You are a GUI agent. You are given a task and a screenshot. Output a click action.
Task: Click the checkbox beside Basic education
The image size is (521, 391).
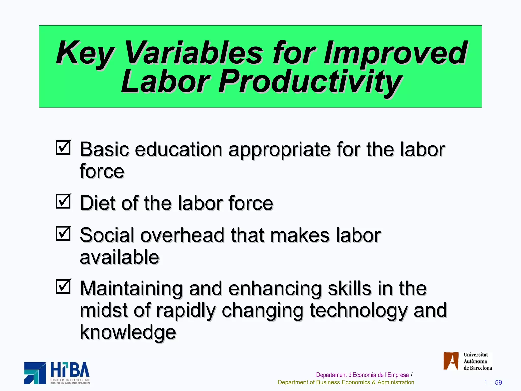(x=63, y=148)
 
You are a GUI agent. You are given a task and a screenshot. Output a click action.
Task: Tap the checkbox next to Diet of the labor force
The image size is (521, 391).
(x=63, y=202)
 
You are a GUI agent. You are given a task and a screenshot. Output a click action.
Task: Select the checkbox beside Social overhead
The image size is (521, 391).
(x=63, y=234)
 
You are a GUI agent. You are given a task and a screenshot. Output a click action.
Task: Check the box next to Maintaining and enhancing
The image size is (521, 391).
(x=63, y=287)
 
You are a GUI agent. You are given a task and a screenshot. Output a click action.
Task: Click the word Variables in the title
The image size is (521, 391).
(x=193, y=53)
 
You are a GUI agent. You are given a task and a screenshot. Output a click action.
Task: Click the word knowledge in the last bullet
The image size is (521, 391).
(x=128, y=332)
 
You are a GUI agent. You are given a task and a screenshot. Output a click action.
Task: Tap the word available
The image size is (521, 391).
(x=119, y=257)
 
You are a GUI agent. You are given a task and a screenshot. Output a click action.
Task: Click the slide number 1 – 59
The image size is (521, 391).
(x=493, y=382)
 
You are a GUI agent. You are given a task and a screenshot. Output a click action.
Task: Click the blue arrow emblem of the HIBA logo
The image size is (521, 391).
(x=35, y=373)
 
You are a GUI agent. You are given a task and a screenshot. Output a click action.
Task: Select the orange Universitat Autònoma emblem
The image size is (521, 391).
(x=451, y=361)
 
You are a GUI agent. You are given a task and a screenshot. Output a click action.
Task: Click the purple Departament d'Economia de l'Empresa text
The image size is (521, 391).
(x=362, y=375)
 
